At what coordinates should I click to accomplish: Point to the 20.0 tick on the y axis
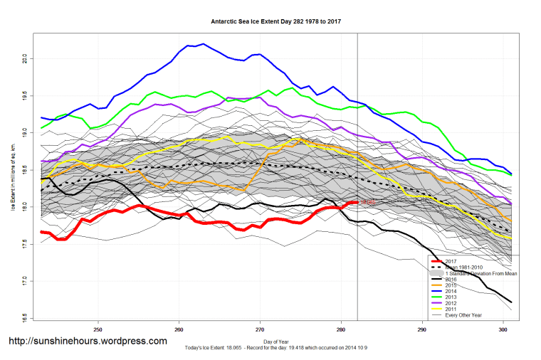(x=24, y=57)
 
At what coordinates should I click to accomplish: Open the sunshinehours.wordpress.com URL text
(x=88, y=342)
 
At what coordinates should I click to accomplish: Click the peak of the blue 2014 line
(x=204, y=44)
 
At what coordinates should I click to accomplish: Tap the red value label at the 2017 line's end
(x=367, y=203)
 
